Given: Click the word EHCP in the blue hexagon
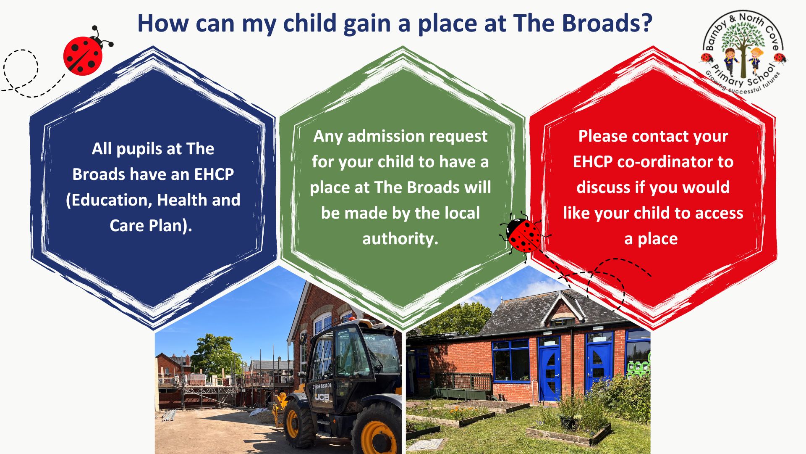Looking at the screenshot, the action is point(214,174).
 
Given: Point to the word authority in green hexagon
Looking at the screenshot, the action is point(400,239).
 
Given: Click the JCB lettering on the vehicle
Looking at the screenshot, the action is point(322,396).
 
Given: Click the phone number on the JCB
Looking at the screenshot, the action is point(322,386).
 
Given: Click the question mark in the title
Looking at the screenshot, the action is point(647,23).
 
